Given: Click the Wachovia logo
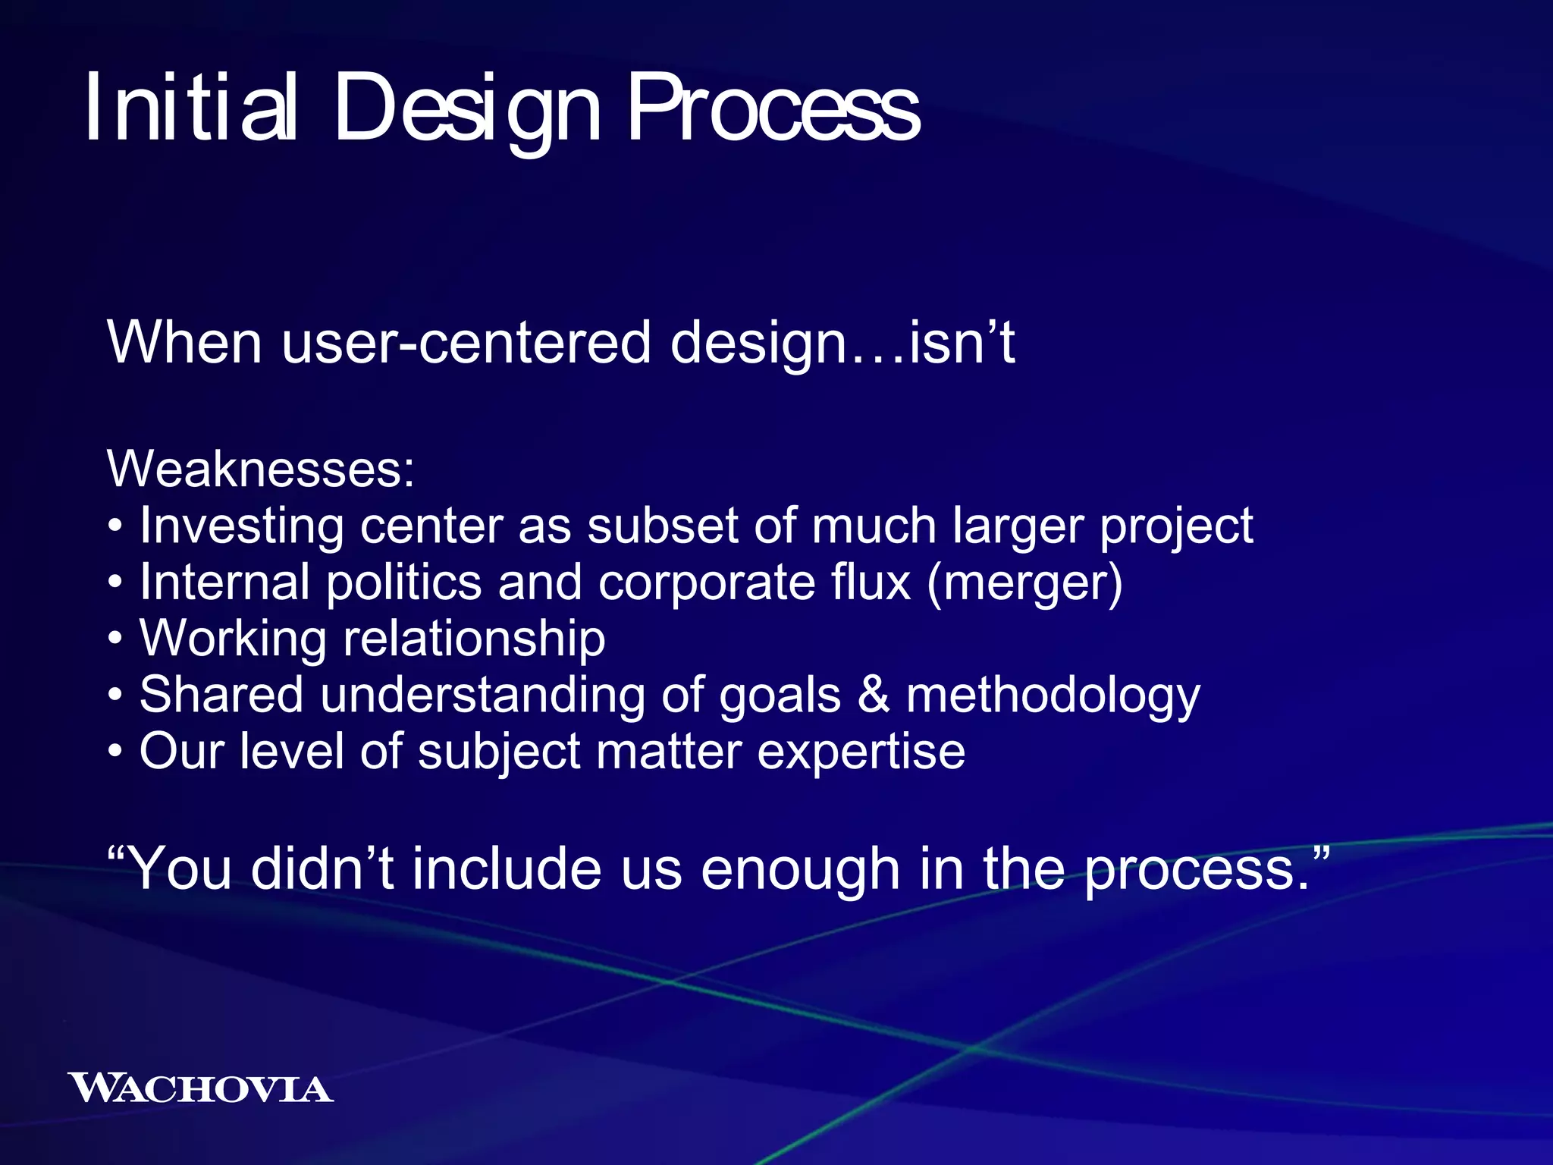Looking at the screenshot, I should click(200, 1088).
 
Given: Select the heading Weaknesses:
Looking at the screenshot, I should click(261, 469).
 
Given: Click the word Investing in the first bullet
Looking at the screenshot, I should click(242, 526).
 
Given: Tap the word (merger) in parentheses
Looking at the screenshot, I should click(1024, 582).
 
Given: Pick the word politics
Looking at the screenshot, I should click(403, 582).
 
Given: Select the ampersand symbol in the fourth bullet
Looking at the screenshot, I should click(874, 695).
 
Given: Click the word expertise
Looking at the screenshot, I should click(861, 752).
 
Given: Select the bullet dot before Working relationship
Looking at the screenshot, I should click(115, 639).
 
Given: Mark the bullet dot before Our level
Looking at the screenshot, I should click(115, 752).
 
